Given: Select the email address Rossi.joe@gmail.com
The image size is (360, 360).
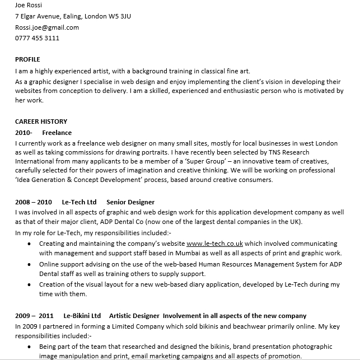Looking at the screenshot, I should pyautogui.click(x=47, y=27).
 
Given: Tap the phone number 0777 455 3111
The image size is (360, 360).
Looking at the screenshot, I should pyautogui.click(x=37, y=38).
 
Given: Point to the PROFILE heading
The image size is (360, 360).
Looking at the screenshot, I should pyautogui.click(x=27, y=59).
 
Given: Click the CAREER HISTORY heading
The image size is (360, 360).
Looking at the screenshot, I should pyautogui.click(x=41, y=121).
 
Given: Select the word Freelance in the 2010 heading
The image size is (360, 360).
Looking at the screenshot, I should pyautogui.click(x=57, y=133).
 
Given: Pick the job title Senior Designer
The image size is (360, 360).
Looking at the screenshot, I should pyautogui.click(x=130, y=202).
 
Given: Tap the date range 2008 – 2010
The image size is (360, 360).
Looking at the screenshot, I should pyautogui.click(x=34, y=202).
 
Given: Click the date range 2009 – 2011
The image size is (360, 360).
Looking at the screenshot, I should pyautogui.click(x=34, y=316).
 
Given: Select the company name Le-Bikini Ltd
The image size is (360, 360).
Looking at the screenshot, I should pyautogui.click(x=82, y=316).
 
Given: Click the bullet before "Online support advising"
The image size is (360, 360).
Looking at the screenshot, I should pyautogui.click(x=29, y=264).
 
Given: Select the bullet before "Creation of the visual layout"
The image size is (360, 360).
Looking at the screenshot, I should pyautogui.click(x=29, y=284).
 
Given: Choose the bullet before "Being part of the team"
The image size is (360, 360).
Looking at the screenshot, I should pyautogui.click(x=29, y=347).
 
